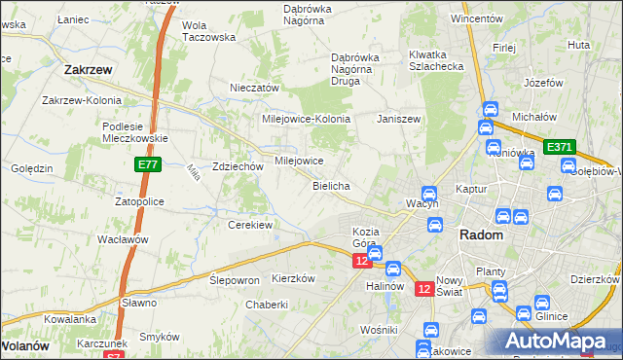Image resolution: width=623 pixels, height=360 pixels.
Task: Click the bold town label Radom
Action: (480, 235)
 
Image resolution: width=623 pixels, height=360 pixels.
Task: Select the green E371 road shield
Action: (559, 147)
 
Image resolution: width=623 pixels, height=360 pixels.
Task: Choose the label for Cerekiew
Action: (249, 225)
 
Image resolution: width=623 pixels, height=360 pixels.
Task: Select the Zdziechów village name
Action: (238, 166)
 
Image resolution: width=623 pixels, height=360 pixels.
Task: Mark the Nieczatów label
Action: (254, 88)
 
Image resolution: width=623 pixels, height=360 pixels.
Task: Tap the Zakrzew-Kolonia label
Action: (82, 100)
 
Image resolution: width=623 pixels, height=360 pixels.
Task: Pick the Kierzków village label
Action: (294, 278)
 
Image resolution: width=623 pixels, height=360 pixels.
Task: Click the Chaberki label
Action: (267, 305)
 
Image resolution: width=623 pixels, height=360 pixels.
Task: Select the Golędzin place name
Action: (31, 168)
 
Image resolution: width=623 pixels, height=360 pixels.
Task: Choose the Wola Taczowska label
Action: (209, 31)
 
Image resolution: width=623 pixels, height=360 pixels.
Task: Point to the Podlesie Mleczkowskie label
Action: (137, 131)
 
